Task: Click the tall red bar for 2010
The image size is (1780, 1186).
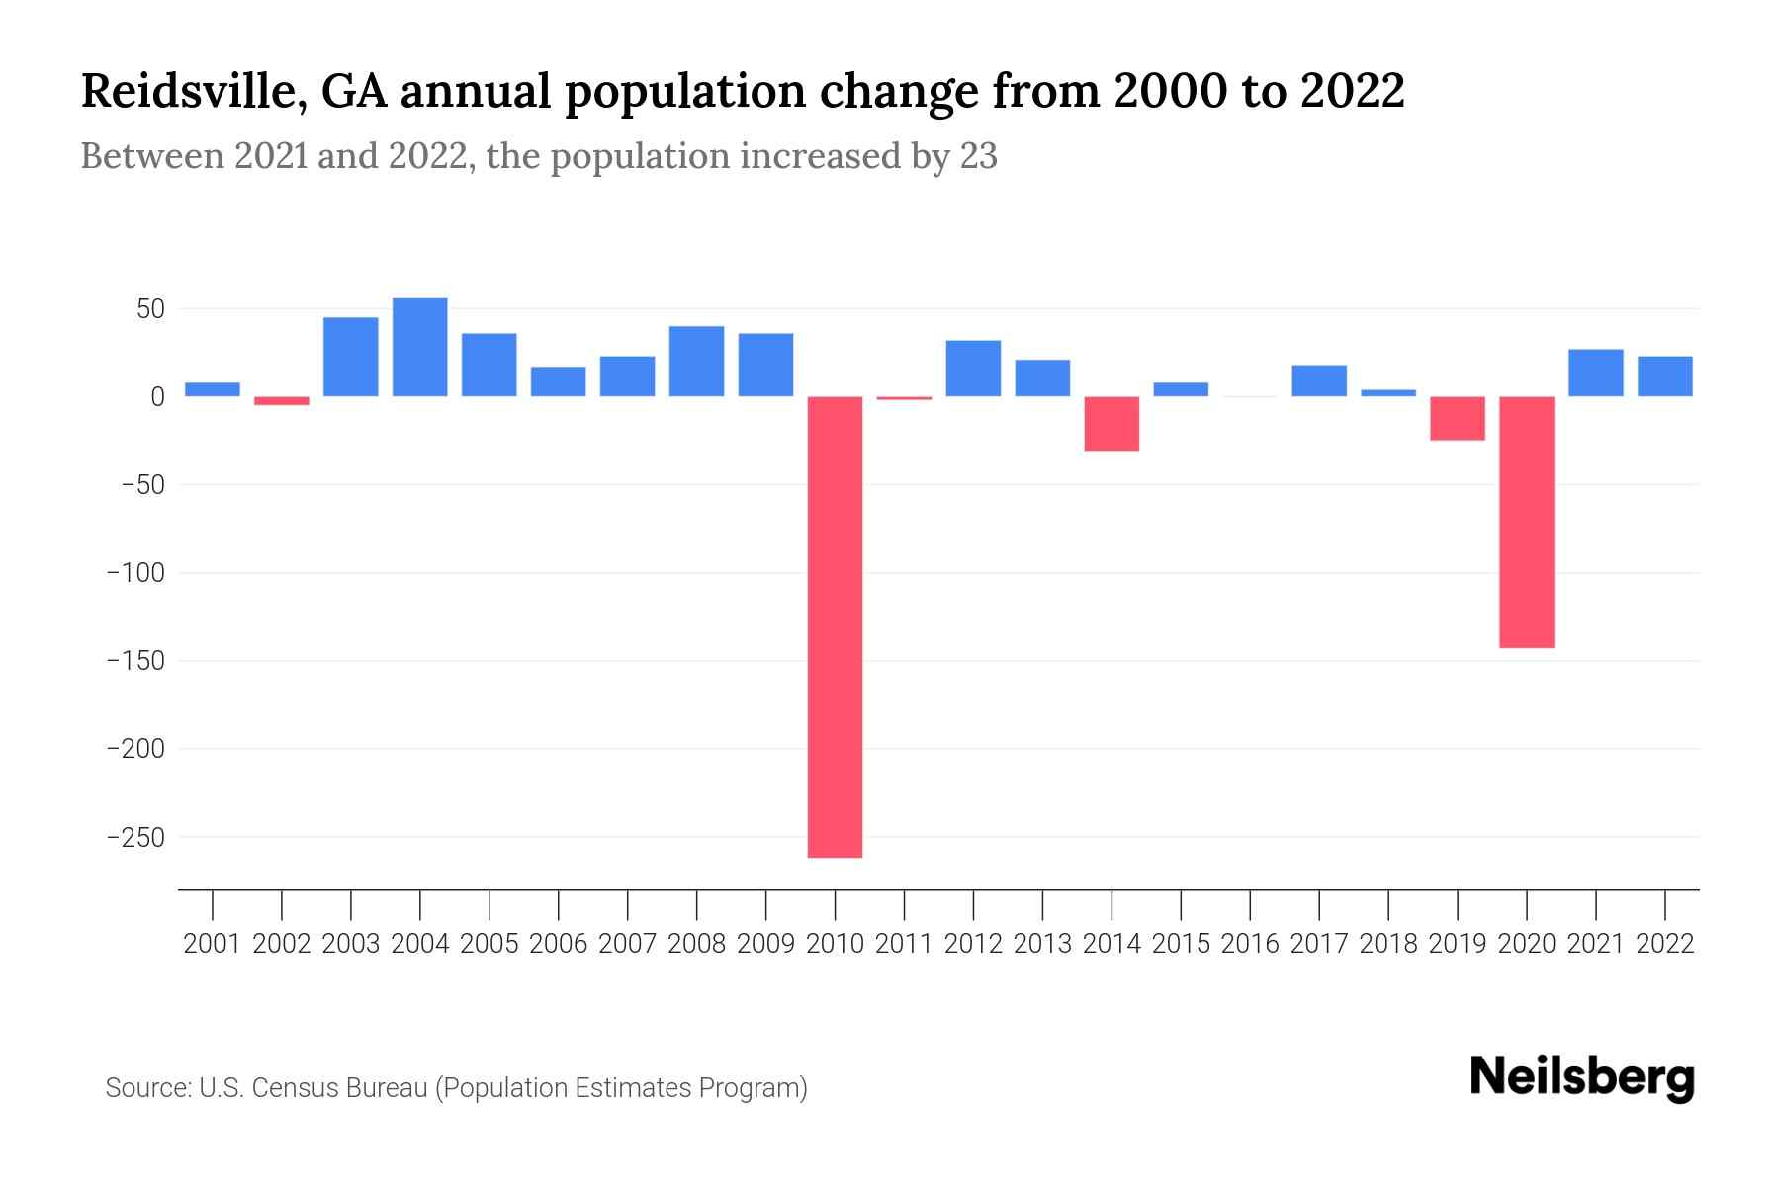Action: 835,627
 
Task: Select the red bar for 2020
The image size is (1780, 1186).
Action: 1526,522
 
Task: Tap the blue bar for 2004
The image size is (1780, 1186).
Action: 420,347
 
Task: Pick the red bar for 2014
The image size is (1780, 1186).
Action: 1112,424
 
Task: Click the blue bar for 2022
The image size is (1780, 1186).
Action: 1664,377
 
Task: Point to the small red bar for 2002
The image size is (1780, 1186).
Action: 282,401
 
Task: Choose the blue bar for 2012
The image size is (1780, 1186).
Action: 973,369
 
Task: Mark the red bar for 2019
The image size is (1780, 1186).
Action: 1457,418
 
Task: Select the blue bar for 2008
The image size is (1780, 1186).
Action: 696,362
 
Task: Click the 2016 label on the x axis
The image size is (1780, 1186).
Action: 1250,944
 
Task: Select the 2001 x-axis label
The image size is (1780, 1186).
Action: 213,944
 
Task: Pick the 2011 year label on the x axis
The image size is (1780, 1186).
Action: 904,944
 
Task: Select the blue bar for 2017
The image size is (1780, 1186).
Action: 1318,381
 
